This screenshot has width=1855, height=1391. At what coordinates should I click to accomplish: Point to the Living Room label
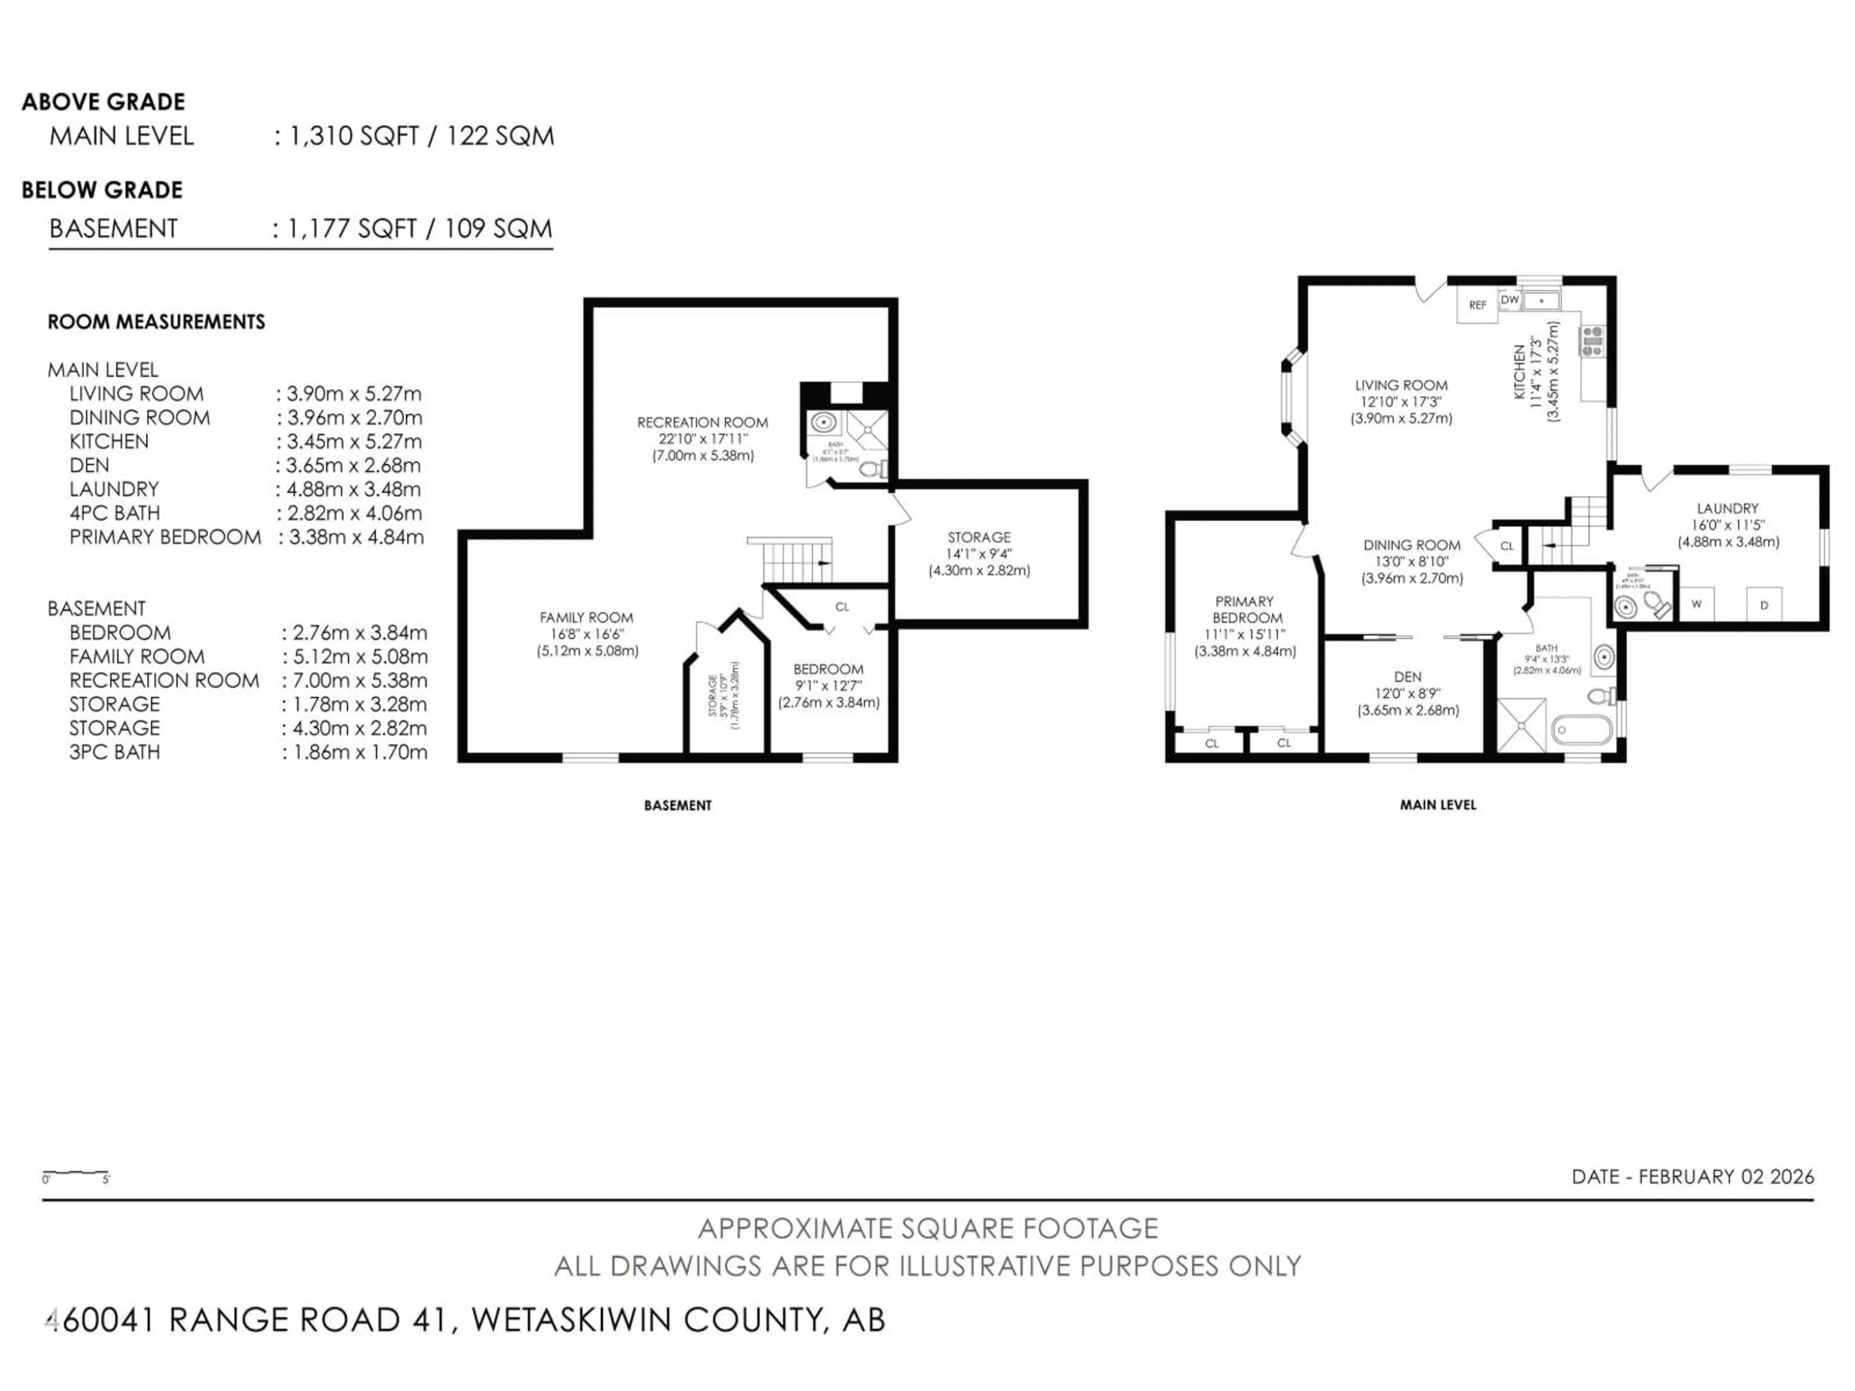click(1401, 386)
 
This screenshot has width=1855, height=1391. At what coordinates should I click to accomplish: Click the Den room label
click(1408, 677)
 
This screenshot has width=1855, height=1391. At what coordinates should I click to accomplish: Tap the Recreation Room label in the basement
click(703, 423)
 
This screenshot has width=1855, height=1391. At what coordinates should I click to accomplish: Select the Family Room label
click(586, 618)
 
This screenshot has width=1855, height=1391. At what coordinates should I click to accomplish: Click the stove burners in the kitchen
click(1592, 341)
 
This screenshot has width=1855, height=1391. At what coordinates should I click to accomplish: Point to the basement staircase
click(797, 560)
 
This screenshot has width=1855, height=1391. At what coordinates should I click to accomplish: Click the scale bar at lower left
click(75, 1174)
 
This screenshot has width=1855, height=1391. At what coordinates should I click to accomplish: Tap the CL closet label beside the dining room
click(1507, 546)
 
